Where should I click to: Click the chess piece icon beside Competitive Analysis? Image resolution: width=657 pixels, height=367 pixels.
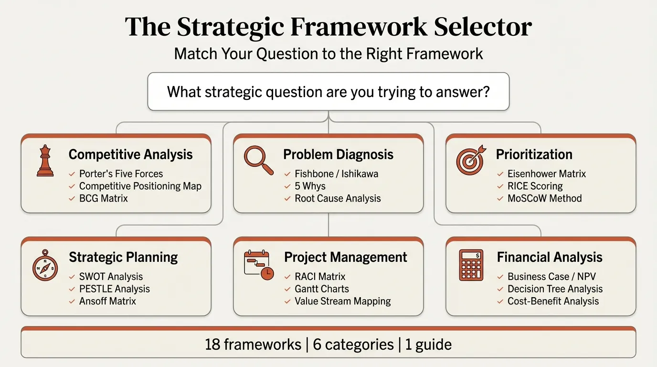point(45,162)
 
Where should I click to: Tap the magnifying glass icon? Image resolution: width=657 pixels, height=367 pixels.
point(258,160)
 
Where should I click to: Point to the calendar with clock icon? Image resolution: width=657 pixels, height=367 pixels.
point(258,265)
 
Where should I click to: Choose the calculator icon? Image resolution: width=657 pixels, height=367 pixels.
point(471,265)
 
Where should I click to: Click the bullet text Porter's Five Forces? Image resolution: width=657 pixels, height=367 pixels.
point(121,174)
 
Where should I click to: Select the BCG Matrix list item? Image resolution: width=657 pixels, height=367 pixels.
point(103,198)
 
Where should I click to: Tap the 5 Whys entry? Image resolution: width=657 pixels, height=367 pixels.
point(310,186)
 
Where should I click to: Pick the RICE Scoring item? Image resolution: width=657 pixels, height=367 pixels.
point(535,186)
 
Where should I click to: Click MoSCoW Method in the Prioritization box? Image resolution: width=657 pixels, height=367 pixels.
point(544,198)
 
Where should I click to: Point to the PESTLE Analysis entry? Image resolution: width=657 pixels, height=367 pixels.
point(114,289)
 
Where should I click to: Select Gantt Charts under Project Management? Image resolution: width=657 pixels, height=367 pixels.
point(321,289)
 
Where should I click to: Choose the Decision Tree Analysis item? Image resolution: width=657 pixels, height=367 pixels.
point(555,289)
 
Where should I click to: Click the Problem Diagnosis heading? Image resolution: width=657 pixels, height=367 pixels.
point(338,155)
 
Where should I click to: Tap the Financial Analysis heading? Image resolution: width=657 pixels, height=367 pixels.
point(549,258)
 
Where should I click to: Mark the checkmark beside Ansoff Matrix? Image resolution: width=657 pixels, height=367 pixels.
point(72,302)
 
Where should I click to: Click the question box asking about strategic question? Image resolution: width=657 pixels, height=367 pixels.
point(328,91)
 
